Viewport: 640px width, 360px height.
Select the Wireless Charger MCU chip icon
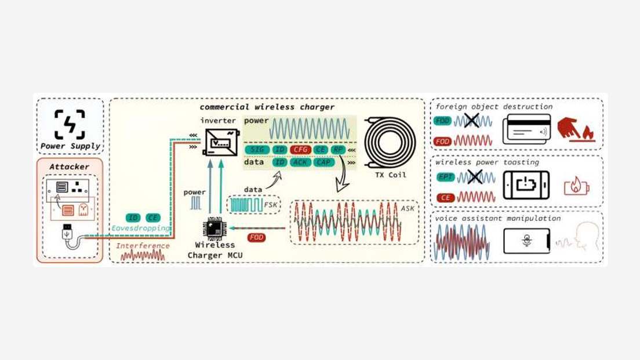pyautogui.click(x=214, y=228)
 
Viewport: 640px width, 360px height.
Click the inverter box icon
pyautogui.click(x=221, y=141)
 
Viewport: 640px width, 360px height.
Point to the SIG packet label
pyautogui.click(x=257, y=150)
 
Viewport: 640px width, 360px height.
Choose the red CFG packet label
pyautogui.click(x=301, y=150)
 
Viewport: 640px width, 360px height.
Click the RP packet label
pyautogui.click(x=339, y=150)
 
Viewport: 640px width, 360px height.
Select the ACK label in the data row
pyautogui.click(x=301, y=163)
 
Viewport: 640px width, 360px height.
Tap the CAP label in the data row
pyautogui.click(x=323, y=163)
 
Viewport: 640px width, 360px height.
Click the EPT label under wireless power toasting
pyautogui.click(x=445, y=177)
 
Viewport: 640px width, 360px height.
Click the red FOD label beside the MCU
pyautogui.click(x=256, y=238)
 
